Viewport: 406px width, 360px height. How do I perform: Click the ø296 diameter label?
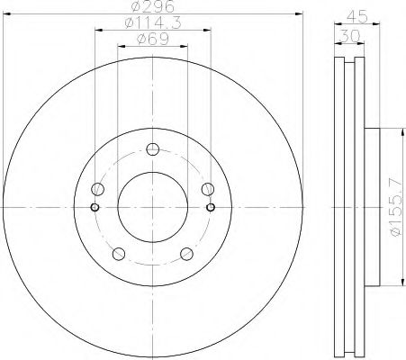pos(153,6)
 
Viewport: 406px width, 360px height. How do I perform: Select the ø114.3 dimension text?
pos(153,22)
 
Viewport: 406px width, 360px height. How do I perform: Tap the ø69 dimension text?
pos(153,39)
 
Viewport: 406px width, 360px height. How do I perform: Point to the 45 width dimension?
pos(357,16)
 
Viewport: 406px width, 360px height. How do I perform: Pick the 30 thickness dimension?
pos(350,37)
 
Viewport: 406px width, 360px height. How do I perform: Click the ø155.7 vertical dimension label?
pos(396,207)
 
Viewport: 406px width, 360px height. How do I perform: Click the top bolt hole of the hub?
pos(153,149)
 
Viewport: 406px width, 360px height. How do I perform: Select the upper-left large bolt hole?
pos(97,189)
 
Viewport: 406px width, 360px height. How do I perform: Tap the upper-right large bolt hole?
pos(208,189)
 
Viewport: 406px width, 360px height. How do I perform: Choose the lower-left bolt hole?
pos(119,254)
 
